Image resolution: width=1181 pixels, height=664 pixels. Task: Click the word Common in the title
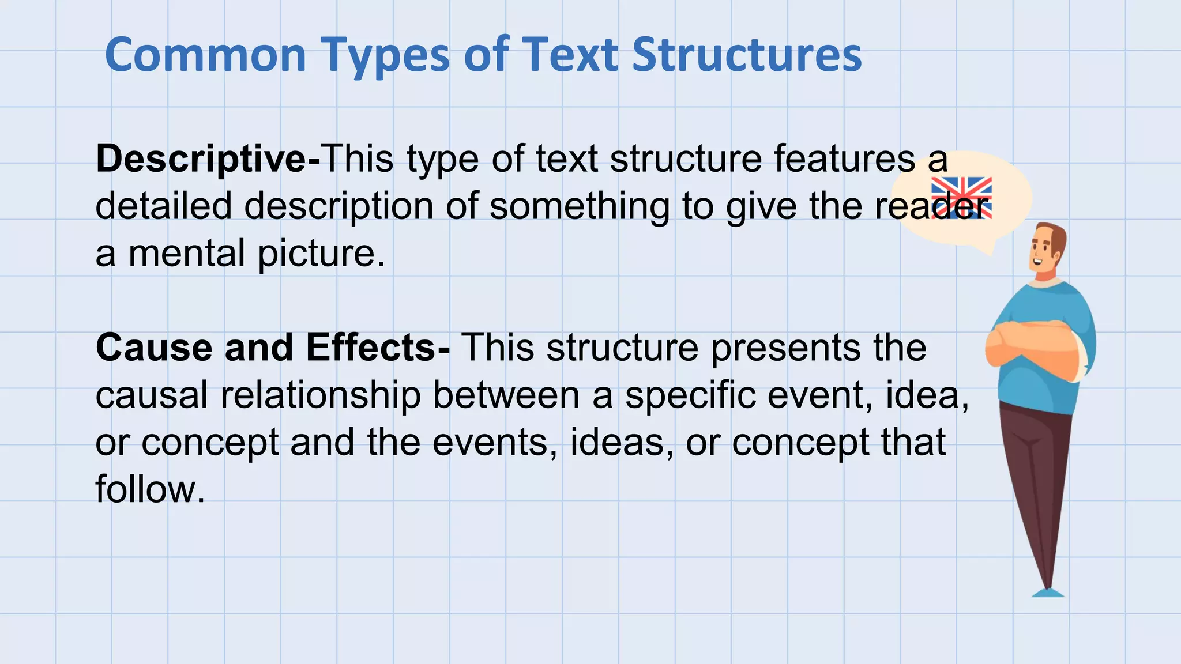tap(205, 55)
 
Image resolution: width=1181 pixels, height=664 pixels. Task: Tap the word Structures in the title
tap(747, 55)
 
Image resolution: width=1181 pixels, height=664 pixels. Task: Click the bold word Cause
tap(154, 348)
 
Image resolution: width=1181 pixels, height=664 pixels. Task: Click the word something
tap(579, 206)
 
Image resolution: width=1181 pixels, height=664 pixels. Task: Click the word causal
tap(152, 395)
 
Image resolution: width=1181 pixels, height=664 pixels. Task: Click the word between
tap(506, 395)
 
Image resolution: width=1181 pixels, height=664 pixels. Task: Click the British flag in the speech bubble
tap(961, 198)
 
